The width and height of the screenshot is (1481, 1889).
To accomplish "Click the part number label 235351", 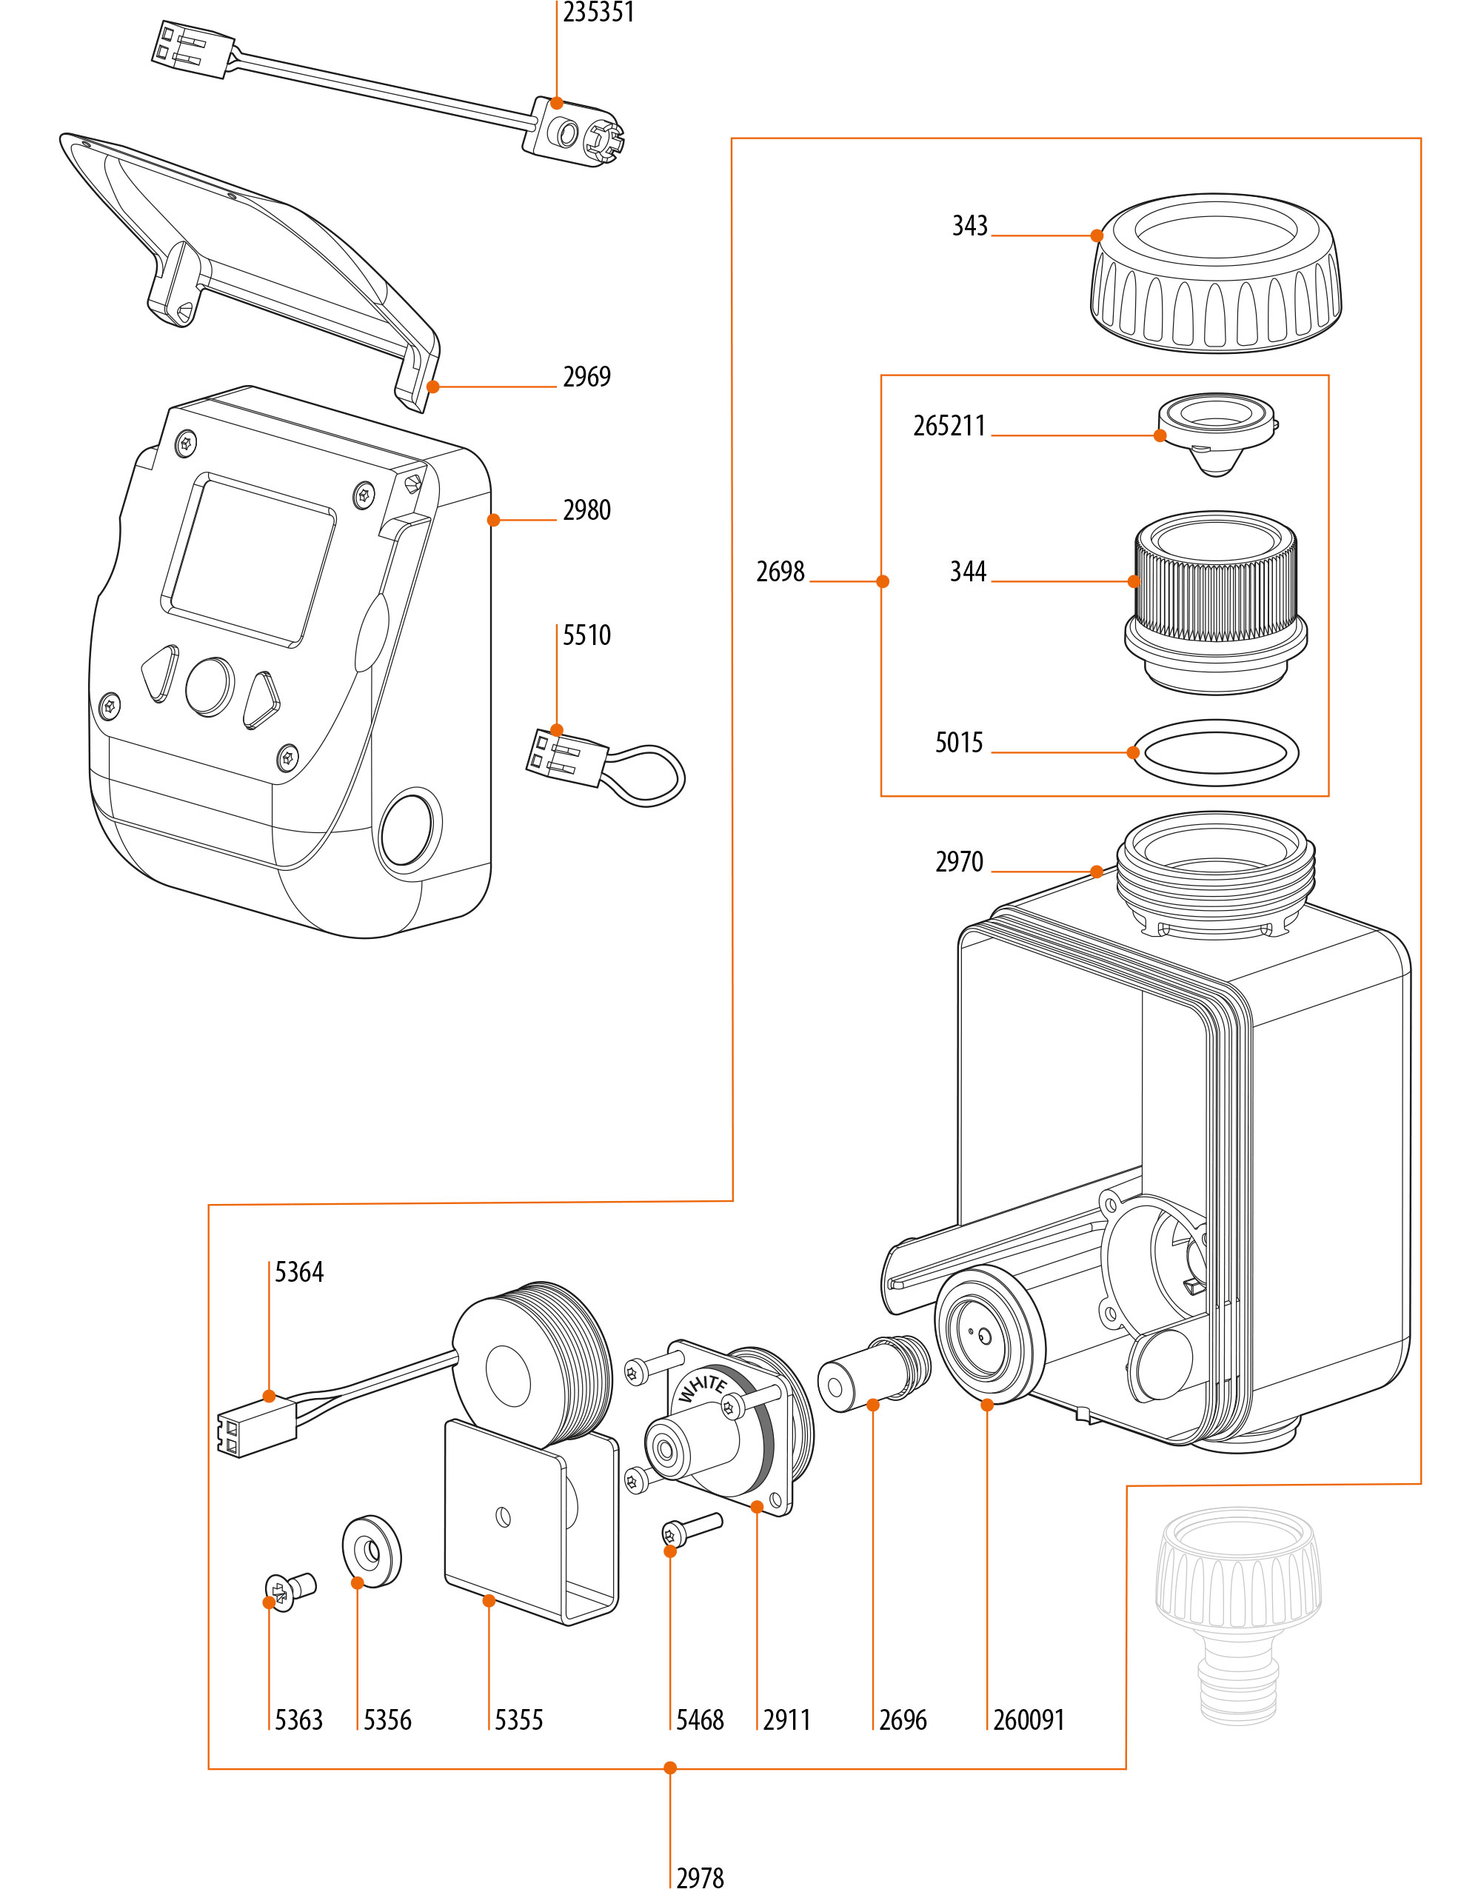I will pyautogui.click(x=598, y=13).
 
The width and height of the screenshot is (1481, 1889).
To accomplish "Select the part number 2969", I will pyautogui.click(x=586, y=377).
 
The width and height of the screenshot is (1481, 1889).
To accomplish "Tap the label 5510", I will pyautogui.click(x=586, y=635).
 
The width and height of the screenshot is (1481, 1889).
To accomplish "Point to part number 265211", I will pyautogui.click(x=949, y=427).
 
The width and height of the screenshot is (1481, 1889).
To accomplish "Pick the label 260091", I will pyautogui.click(x=1029, y=1720).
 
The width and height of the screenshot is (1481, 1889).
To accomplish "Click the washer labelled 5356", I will pyautogui.click(x=373, y=1551).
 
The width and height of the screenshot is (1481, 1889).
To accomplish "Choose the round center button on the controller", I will pyautogui.click(x=210, y=686).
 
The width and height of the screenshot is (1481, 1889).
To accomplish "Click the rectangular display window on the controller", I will pyautogui.click(x=248, y=560).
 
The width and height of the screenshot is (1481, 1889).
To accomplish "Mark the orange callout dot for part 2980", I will pyautogui.click(x=493, y=520).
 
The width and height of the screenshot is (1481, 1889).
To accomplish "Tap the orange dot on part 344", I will pyautogui.click(x=1133, y=582).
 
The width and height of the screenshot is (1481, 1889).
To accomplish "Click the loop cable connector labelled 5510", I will pyautogui.click(x=607, y=766).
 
